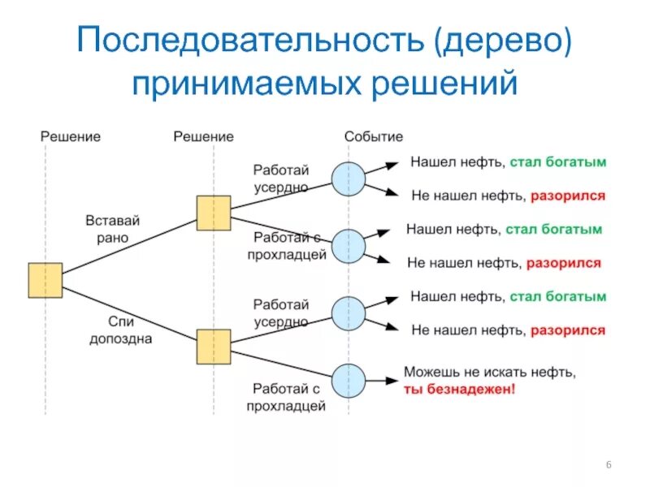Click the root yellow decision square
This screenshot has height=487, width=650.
click(x=45, y=280)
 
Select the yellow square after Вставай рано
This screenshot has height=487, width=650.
click(x=214, y=213)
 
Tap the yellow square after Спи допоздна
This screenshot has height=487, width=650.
click(x=214, y=347)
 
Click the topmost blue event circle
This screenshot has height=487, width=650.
click(x=349, y=179)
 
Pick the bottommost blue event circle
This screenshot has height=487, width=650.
click(x=349, y=380)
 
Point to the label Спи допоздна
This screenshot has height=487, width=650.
click(x=120, y=330)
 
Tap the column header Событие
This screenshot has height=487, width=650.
click(x=373, y=136)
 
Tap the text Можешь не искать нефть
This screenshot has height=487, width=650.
click(x=490, y=373)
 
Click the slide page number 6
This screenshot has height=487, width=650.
click(x=609, y=464)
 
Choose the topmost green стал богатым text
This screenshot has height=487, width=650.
click(x=558, y=162)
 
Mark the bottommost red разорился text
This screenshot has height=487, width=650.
click(x=567, y=330)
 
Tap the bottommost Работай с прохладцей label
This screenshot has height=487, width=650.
click(x=287, y=397)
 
